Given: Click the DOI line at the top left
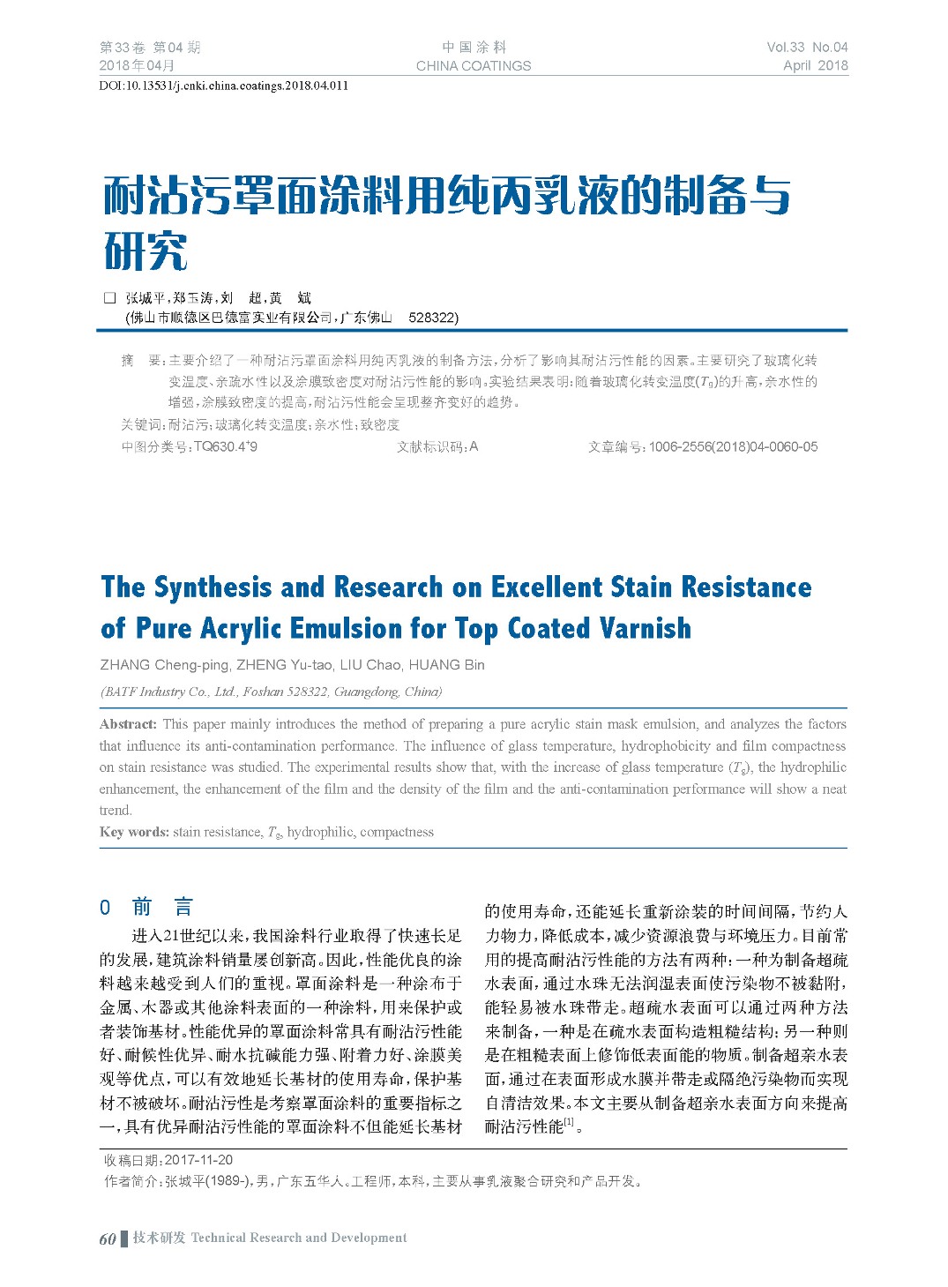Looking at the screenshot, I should click(x=223, y=86).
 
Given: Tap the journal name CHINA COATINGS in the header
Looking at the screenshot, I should click(x=474, y=65).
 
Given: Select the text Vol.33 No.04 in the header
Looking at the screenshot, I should click(x=807, y=48).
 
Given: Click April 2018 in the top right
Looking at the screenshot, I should click(x=815, y=65).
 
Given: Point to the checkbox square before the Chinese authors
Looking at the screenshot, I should click(x=110, y=298).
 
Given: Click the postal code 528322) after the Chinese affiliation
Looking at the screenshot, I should click(x=433, y=318).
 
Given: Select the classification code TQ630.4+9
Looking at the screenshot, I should click(x=225, y=447).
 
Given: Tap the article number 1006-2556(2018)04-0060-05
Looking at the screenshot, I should click(x=733, y=447).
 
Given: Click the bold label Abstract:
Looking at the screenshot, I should click(x=129, y=724).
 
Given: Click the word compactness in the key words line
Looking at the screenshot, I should click(x=397, y=832).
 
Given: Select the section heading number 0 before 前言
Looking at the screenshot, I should click(x=105, y=908).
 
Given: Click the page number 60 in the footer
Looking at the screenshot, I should click(x=108, y=1238).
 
